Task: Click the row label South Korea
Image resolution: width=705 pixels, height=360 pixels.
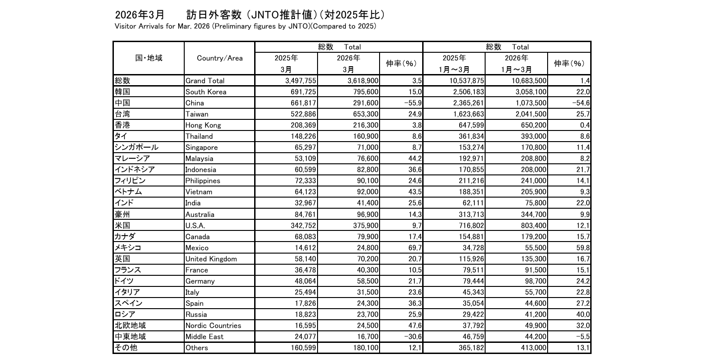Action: click(206, 92)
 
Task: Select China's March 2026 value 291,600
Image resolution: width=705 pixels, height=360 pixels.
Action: click(364, 103)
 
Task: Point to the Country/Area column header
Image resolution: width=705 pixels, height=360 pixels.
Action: click(219, 58)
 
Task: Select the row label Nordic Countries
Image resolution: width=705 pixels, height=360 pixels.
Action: click(213, 325)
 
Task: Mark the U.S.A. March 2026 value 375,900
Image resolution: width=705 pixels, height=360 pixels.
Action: click(364, 225)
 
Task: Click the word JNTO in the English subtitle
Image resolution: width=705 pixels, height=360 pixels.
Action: click(298, 26)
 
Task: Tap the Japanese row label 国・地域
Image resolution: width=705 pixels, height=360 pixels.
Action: click(149, 58)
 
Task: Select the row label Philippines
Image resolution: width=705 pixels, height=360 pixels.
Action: click(202, 180)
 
